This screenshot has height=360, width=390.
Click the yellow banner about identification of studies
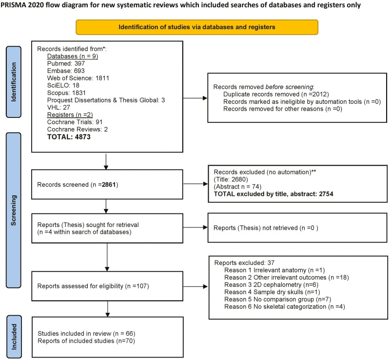(x=197, y=27)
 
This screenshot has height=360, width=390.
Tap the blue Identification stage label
(x=14, y=82)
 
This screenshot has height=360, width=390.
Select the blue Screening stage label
(x=14, y=210)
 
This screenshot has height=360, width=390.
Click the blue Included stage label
(x=14, y=337)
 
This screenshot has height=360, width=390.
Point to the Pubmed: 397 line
(x=66, y=63)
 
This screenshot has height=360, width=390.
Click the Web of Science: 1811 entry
(x=78, y=78)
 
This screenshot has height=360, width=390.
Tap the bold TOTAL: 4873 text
(x=69, y=137)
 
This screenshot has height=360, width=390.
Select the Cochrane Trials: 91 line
(x=75, y=122)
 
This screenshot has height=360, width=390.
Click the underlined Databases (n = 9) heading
(x=73, y=56)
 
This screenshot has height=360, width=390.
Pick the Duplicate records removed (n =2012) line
(x=276, y=95)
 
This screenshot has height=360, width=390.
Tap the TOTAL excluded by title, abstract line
(x=273, y=194)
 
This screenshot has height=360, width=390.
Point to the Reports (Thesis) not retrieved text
(x=266, y=228)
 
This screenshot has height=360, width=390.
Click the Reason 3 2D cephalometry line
(x=272, y=284)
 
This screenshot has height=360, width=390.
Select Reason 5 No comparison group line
(x=277, y=299)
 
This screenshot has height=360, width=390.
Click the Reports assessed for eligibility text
(x=93, y=286)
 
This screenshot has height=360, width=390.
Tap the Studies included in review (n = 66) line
(x=86, y=333)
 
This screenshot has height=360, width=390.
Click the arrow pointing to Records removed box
(x=195, y=98)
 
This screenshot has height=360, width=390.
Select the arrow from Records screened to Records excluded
(x=195, y=184)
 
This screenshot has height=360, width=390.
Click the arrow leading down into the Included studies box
(x=108, y=309)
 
